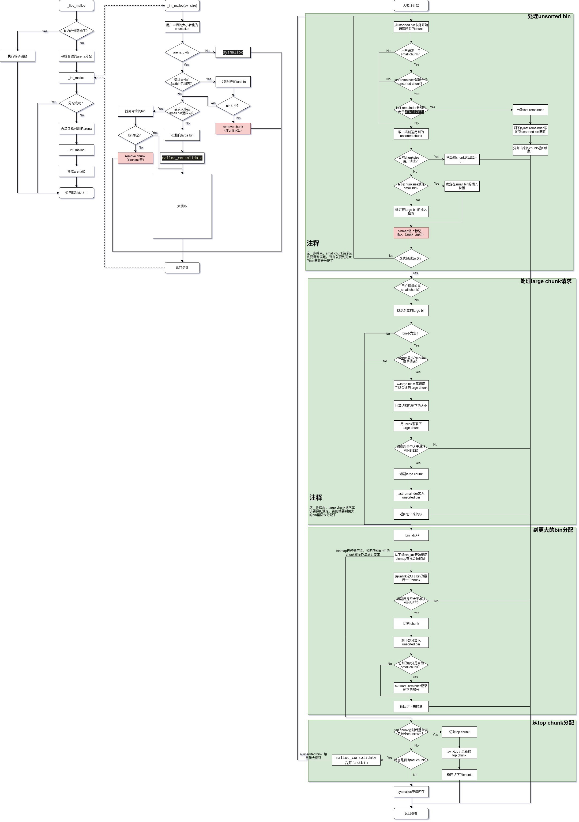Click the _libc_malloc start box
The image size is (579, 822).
coord(76,6)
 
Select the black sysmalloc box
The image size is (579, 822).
coord(233,52)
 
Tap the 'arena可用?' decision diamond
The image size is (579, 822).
coord(182,52)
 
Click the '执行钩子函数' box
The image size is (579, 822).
coord(18,56)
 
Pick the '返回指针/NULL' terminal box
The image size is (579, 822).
coord(76,193)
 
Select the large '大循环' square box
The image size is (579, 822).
coord(182,206)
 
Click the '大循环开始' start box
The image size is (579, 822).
coord(411,6)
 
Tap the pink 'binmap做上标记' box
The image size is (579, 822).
coord(411,233)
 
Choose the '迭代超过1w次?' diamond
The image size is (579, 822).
coord(411,258)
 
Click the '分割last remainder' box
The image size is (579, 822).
coord(530,110)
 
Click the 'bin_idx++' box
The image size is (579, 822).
coord(411,535)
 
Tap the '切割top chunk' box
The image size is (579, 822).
coord(459,732)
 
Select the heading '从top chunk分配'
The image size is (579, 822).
coord(552,723)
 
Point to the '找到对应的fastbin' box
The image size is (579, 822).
coord(233,82)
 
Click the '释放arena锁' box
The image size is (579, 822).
coord(76,172)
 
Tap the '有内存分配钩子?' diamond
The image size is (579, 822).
coord(76,31)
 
